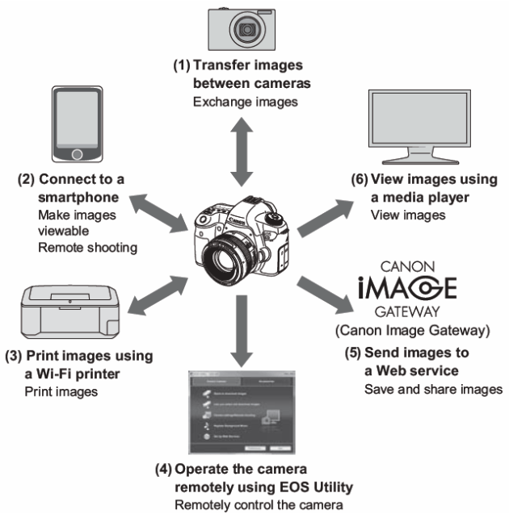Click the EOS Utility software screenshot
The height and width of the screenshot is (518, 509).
point(242,411)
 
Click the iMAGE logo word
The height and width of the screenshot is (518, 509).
point(406,286)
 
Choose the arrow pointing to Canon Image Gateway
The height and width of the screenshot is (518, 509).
point(323,295)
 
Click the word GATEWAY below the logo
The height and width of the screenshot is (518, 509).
point(406,312)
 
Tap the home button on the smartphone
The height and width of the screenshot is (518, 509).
point(77,153)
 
